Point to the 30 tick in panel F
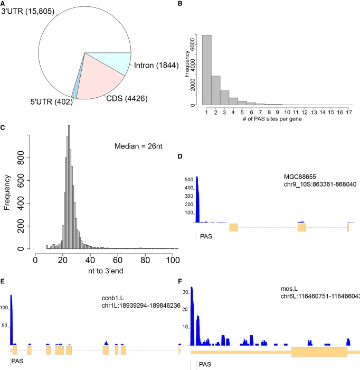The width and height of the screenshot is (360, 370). point(185,291)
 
